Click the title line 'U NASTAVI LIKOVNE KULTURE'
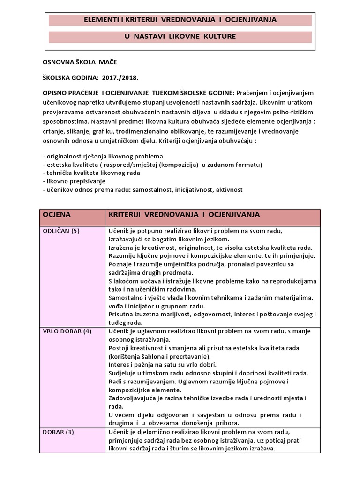click(x=180, y=37)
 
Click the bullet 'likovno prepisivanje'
click(x=74, y=181)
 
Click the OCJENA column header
click(x=57, y=214)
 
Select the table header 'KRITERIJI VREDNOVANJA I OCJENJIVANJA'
click(x=184, y=214)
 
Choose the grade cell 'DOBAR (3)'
click(x=59, y=432)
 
